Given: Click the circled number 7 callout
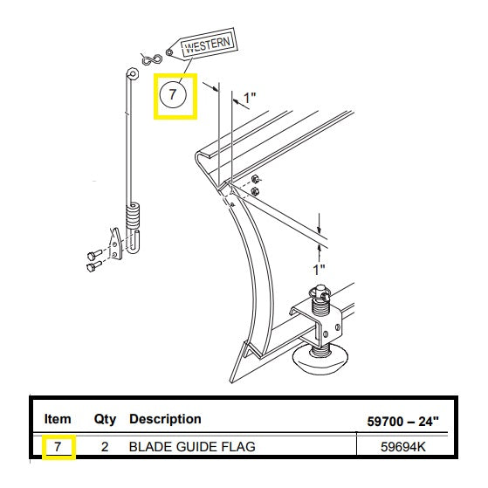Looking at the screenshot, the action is coord(173,94).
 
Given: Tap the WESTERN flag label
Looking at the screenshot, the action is coord(208,45).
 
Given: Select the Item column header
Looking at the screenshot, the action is coord(58,419).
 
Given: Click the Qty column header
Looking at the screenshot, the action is coord(105,420).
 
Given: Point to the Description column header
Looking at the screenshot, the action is coord(165,419).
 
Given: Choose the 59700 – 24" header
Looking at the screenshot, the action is coord(402,422).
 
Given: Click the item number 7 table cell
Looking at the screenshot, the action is coord(58,447).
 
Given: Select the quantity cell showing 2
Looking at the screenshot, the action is coord(105,447).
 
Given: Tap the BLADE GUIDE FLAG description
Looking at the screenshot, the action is coord(192,447).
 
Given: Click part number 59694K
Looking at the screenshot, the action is coord(402,447).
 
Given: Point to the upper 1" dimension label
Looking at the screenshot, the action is coord(250,98).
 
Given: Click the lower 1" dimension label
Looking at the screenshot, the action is coord(319,270).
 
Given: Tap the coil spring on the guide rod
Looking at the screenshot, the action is coord(134,216).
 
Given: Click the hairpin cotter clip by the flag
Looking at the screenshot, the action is coord(151,59).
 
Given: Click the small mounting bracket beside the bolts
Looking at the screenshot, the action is coord(116,244).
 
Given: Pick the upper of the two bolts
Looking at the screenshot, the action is coord(94,255).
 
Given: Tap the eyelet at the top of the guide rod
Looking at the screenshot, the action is coord(133,74).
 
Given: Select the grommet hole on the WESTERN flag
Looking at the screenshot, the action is coord(169,52).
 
